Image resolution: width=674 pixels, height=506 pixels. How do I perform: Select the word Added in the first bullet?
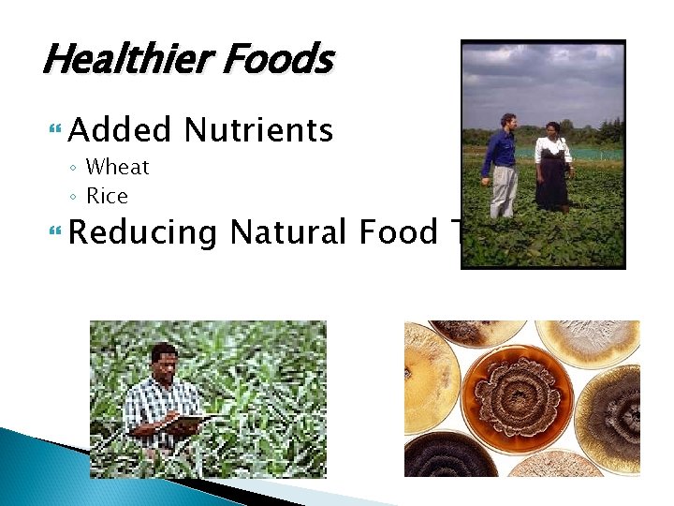120,130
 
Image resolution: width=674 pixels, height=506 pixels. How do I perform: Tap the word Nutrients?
258,130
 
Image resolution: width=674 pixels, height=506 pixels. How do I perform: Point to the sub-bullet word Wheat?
117,168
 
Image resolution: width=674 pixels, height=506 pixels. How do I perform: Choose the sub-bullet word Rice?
107,197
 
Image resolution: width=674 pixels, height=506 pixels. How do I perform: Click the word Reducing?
142,232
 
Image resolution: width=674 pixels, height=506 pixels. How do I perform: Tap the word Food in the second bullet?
397,231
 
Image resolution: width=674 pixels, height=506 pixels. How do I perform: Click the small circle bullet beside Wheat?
73,169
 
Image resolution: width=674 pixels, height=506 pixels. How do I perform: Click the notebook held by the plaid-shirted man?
188,424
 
